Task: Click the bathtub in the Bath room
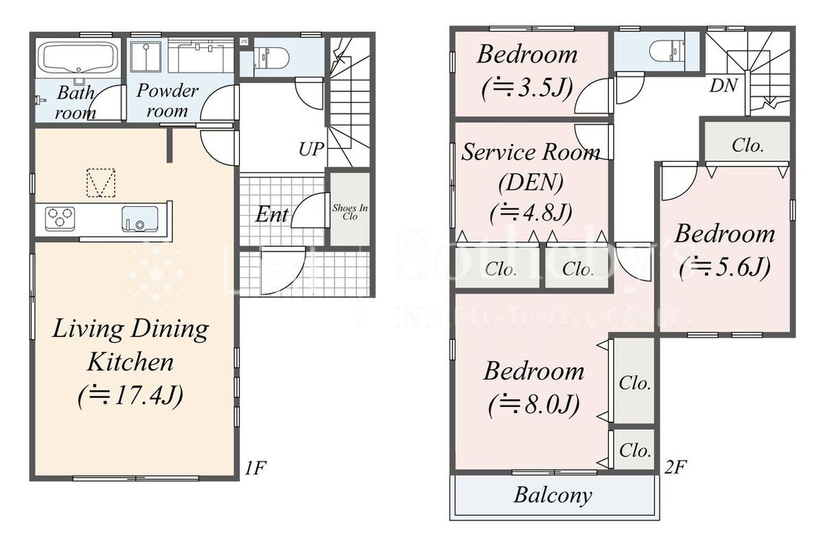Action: (79, 58)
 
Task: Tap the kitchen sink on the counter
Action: (140, 219)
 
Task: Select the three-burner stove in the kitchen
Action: (60, 219)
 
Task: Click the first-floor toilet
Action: (271, 58)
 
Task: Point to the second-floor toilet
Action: (668, 52)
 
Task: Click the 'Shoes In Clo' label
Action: (350, 212)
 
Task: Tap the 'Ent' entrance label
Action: (271, 214)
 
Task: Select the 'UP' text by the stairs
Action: (311, 149)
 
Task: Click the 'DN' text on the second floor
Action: (724, 85)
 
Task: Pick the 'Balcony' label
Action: (553, 495)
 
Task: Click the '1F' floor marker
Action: (255, 467)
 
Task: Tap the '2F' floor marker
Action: (675, 467)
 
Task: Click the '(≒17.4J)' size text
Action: (131, 396)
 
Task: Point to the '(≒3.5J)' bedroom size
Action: (527, 88)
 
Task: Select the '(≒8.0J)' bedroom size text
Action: (533, 404)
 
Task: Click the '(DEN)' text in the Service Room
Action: (531, 182)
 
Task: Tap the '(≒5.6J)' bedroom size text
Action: (725, 267)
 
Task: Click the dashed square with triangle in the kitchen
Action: (100, 182)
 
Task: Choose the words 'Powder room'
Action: (167, 100)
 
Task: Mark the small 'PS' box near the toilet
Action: (244, 41)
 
